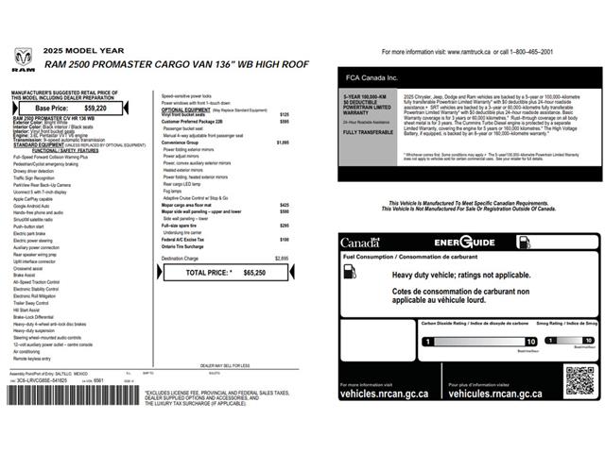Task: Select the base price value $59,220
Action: [x=95, y=109]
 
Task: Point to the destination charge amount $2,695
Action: [x=282, y=258]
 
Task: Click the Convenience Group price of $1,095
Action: [x=283, y=143]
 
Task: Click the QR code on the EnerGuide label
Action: [x=580, y=379]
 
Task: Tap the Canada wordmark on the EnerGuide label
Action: [x=359, y=243]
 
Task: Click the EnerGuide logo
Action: [x=464, y=243]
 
